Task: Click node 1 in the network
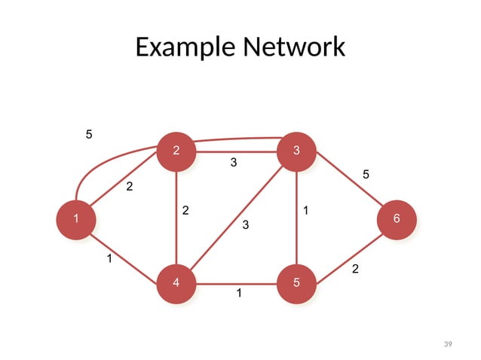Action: (x=75, y=218)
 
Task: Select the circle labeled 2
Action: (x=176, y=151)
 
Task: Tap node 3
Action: (x=296, y=151)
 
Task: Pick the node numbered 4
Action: (x=176, y=283)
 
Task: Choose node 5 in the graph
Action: (x=296, y=283)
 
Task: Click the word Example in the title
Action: (x=184, y=47)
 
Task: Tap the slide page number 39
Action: (x=448, y=344)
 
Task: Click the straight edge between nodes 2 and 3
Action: (x=236, y=152)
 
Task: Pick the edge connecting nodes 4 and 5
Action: (x=236, y=285)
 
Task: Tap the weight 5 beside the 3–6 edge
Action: (x=366, y=175)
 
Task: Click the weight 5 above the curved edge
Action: (x=89, y=135)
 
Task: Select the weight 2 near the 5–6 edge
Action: (x=356, y=269)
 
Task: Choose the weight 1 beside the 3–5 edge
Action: (x=305, y=211)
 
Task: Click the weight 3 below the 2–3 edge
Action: (x=234, y=163)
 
